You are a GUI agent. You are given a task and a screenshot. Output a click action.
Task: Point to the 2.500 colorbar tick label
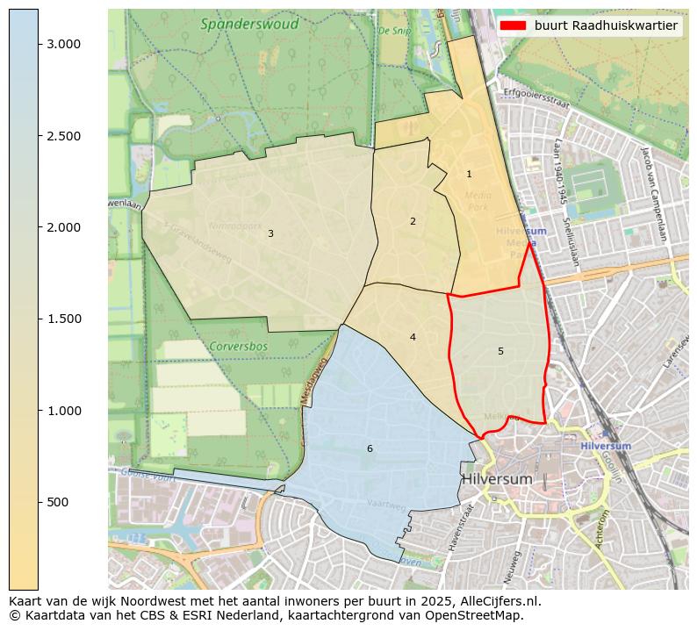64,136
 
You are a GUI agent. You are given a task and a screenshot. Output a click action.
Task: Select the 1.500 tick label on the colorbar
64,319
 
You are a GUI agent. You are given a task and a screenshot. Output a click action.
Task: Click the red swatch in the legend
513,26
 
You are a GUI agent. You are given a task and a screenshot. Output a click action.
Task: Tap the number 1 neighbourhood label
469,175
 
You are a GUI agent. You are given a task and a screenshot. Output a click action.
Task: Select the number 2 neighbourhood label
413,221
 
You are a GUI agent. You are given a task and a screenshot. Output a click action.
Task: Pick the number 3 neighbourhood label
270,233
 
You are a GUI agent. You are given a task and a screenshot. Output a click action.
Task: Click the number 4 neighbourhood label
413,337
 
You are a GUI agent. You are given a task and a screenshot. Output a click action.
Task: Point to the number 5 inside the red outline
500,351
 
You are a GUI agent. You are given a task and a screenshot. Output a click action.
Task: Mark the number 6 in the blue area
370,448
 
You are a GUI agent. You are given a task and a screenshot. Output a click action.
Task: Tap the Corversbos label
238,347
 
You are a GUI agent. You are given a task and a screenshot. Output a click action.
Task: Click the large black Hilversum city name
497,479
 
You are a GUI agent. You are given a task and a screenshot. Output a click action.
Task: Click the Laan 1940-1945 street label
558,171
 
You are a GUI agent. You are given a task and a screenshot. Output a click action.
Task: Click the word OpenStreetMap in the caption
478,615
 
